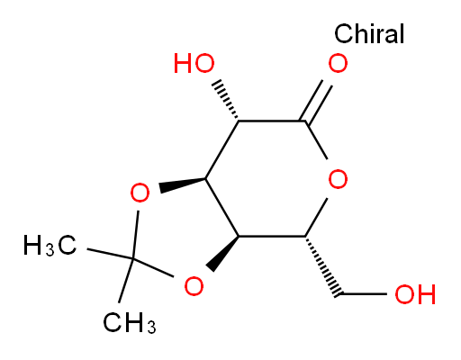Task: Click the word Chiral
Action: click(369, 33)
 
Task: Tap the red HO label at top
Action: click(194, 63)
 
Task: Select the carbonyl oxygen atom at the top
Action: click(338, 63)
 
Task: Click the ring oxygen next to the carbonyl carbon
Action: click(338, 179)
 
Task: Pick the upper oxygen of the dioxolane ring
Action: click(140, 193)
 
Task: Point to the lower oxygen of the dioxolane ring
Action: click(194, 285)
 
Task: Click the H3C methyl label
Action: click(50, 246)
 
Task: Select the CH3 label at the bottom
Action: click(130, 323)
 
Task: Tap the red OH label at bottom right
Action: click(415, 294)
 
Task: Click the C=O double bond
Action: click(316, 101)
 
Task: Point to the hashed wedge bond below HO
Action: click(226, 100)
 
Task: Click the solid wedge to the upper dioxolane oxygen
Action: click(183, 184)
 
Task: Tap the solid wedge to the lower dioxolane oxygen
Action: click(222, 254)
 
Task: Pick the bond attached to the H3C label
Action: click(110, 254)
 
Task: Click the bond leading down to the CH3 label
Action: click(126, 280)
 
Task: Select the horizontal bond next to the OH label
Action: click(364, 294)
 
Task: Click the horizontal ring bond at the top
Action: click(272, 121)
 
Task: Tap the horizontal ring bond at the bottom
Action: click(272, 237)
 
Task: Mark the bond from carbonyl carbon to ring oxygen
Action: click(316, 139)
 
